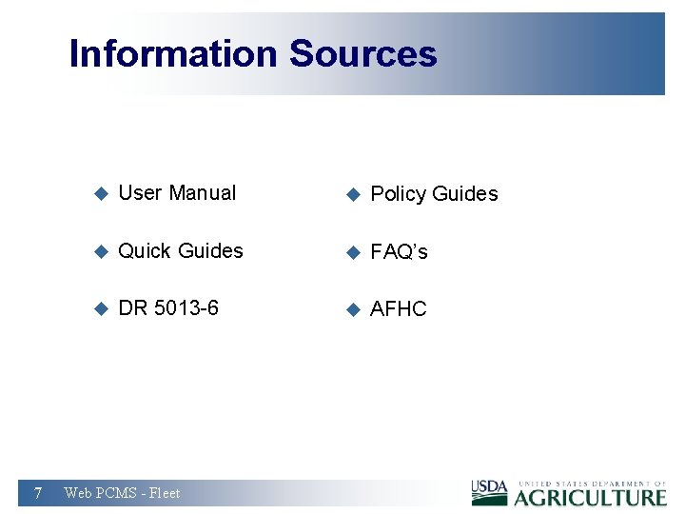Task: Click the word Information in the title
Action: coord(174,54)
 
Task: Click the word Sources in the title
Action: coord(362,54)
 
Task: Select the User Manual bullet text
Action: coord(177,193)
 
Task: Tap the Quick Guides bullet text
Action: coord(181,251)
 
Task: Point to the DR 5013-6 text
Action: coord(168,308)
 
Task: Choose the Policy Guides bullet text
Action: coord(434,194)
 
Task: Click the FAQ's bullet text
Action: coord(399,252)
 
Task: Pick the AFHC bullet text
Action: coord(399,309)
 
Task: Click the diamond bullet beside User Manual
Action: coord(101,194)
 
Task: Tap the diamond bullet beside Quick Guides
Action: coord(101,252)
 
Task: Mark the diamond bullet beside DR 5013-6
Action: coord(101,309)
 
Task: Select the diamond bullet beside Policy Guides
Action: coord(352,195)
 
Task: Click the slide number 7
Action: coord(37,492)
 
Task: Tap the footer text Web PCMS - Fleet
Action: coord(122,493)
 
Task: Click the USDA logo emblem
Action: coord(490,492)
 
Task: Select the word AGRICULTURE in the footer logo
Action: coord(591,497)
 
